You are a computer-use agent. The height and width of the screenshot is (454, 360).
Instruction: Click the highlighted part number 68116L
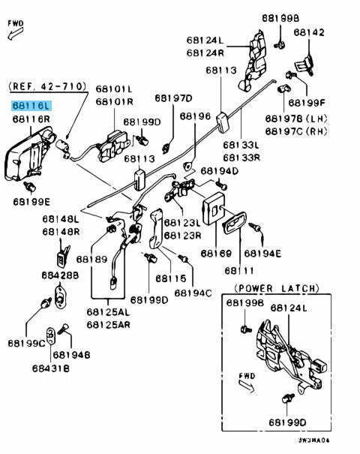tap(31, 106)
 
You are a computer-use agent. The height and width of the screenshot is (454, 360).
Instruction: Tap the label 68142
tap(309, 32)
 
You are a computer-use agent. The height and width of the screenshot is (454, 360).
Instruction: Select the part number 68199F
tap(307, 103)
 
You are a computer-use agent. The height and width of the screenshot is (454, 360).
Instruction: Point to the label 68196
tap(195, 116)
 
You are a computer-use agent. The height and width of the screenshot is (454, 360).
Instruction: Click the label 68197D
tap(173, 98)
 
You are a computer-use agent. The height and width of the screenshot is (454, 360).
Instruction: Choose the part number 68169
tap(216, 254)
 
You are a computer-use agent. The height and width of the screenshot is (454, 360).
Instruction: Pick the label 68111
tap(239, 271)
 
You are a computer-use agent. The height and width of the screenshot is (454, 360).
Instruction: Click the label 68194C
tap(193, 293)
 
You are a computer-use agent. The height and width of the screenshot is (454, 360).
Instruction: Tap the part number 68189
tap(91, 259)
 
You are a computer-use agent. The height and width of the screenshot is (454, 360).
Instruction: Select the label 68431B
tap(51, 368)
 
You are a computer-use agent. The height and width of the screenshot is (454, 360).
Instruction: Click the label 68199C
tap(26, 344)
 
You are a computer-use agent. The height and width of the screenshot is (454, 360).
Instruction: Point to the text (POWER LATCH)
tap(276, 288)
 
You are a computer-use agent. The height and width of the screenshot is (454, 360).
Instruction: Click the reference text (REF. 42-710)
tap(48, 86)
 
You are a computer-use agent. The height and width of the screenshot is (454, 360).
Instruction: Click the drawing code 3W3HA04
tap(314, 440)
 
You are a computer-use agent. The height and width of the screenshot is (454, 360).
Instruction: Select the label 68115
tap(170, 278)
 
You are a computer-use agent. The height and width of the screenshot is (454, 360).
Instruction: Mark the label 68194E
tap(262, 254)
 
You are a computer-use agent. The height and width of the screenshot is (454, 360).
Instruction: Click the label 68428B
tap(60, 275)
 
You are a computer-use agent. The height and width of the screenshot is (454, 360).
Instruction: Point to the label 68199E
tap(31, 202)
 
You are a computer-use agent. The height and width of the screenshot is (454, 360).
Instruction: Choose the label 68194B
tap(71, 355)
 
